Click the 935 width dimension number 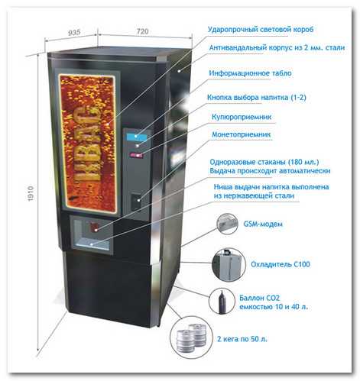[x=74, y=32]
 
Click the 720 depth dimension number [x=142, y=31]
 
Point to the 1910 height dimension [x=31, y=194]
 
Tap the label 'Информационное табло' [x=250, y=73]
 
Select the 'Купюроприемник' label [x=242, y=117]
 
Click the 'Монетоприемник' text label [x=242, y=134]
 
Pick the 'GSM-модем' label [x=263, y=224]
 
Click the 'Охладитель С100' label [x=281, y=264]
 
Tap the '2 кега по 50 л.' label [x=242, y=339]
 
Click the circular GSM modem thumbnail [x=227, y=224]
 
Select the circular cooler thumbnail [x=229, y=264]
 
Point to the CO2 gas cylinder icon [x=220, y=302]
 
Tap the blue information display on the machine [x=137, y=137]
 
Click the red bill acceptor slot [x=136, y=155]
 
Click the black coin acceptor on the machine [x=136, y=201]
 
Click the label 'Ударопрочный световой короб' [x=261, y=30]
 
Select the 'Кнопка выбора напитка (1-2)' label [x=257, y=98]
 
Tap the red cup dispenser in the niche [x=95, y=227]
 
